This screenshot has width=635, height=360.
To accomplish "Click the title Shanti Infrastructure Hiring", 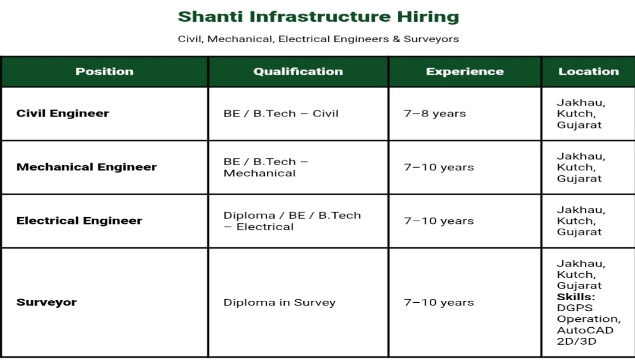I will pyautogui.click(x=318, y=16).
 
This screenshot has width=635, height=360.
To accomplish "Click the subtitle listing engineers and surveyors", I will pyautogui.click(x=318, y=39).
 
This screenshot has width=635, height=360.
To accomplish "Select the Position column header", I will pyautogui.click(x=104, y=71).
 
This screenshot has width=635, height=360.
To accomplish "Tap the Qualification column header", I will pyautogui.click(x=298, y=71).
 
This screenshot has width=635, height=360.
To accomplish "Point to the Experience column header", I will pyautogui.click(x=465, y=71).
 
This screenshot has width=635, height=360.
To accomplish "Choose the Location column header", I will pyautogui.click(x=588, y=71).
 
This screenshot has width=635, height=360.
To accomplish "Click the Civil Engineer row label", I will pyautogui.click(x=62, y=113).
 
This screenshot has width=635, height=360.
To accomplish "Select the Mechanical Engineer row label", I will pyautogui.click(x=86, y=167).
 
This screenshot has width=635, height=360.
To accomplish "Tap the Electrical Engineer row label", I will pyautogui.click(x=79, y=221).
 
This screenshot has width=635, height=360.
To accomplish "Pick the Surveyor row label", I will pyautogui.click(x=47, y=302).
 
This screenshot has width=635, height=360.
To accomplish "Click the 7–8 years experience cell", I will pyautogui.click(x=435, y=113).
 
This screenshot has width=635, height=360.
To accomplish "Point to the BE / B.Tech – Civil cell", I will pyautogui.click(x=280, y=113).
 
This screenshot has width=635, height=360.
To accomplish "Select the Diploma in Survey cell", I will pyautogui.click(x=279, y=302).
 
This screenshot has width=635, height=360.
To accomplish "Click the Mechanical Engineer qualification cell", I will pyautogui.click(x=266, y=167).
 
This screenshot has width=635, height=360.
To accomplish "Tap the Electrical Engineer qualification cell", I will pyautogui.click(x=292, y=221).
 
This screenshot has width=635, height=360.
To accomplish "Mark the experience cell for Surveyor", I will pyautogui.click(x=439, y=302).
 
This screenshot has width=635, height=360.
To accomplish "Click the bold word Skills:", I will pyautogui.click(x=576, y=296).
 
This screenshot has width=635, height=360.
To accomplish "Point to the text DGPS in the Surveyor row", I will pyautogui.click(x=575, y=308).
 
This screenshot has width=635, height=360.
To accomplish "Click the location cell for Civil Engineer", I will pyautogui.click(x=580, y=113).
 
